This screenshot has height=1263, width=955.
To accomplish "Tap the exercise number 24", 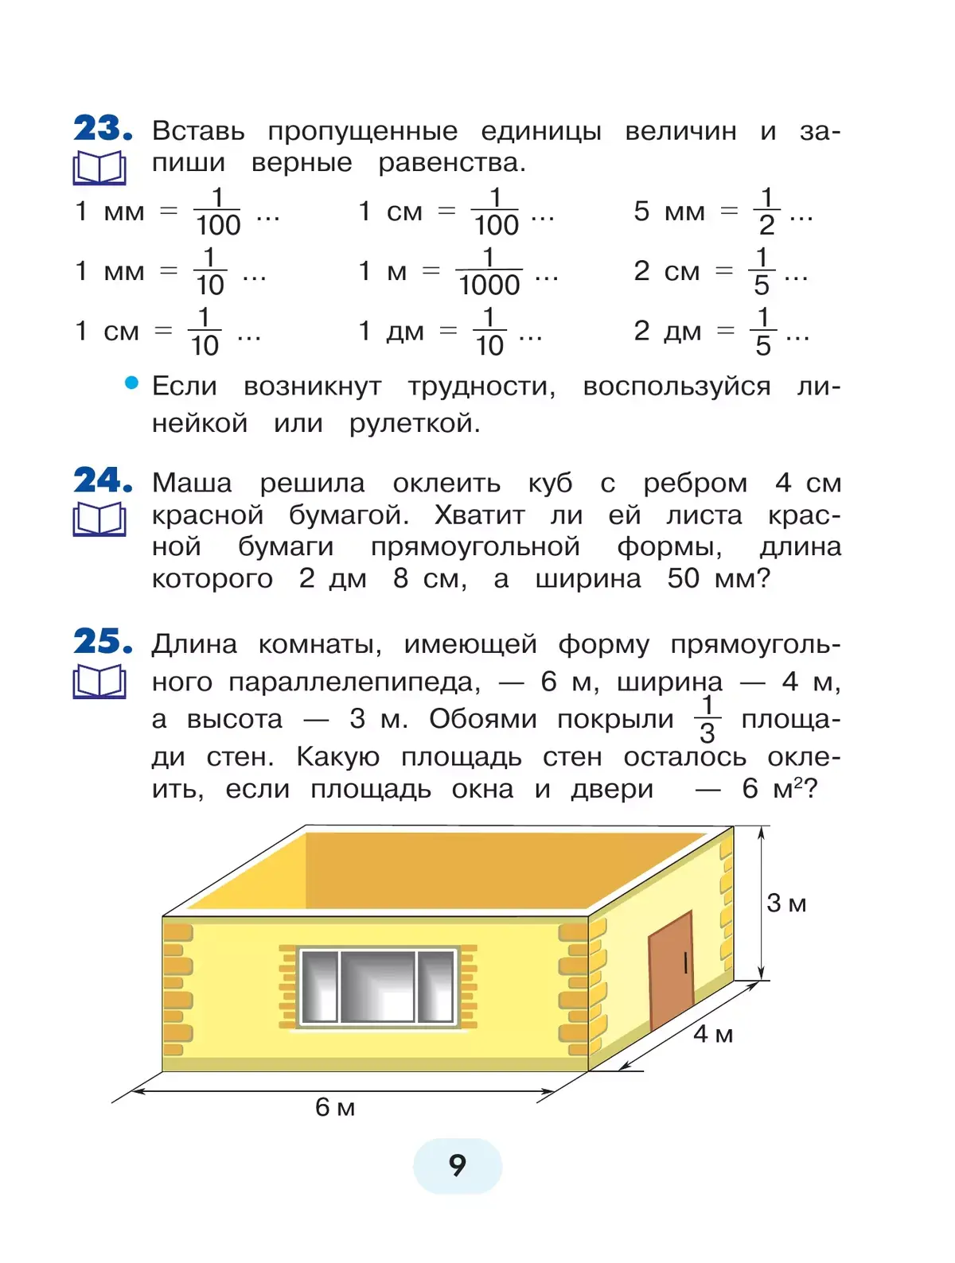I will [102, 480].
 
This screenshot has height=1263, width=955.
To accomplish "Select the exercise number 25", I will [102, 641].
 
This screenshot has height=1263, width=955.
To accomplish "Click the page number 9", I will [457, 1165].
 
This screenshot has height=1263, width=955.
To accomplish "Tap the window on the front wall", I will [377, 986].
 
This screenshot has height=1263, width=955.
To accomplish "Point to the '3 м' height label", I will [786, 904].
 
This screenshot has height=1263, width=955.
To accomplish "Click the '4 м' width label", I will [713, 1034].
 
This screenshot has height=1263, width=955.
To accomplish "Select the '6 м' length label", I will [335, 1107].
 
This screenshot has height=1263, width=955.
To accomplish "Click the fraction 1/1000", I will [489, 271].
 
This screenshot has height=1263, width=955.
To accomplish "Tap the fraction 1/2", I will [766, 212].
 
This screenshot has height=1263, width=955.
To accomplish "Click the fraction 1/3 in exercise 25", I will [707, 719].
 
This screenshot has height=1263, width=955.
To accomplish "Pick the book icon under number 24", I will [99, 520].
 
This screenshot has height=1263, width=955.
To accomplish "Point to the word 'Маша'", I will [192, 484].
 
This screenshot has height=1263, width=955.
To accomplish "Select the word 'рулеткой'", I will [415, 423].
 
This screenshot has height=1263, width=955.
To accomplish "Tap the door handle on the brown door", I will [685, 963].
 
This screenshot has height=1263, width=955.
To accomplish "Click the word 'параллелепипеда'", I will [354, 682].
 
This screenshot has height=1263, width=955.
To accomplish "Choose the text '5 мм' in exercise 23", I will [669, 212].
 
